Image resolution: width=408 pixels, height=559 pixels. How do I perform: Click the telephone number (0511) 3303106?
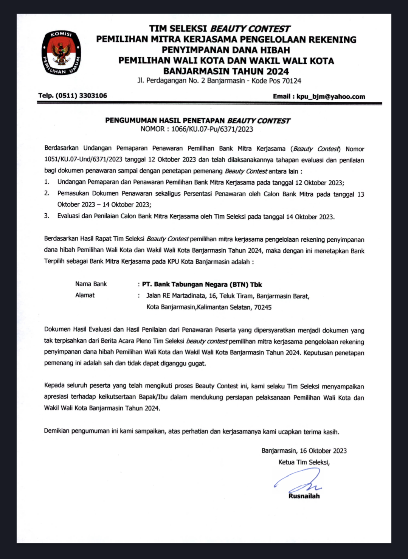81,96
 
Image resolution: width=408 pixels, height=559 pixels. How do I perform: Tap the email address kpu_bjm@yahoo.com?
330,96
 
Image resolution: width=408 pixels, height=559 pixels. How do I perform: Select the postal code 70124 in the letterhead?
292,81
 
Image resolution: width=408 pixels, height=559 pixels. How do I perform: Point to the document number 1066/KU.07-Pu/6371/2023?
212,129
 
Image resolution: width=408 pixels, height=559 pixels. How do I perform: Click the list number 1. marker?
47,182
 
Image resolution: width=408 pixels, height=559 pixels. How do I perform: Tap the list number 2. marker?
47,193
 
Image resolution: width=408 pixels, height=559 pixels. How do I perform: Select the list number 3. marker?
47,216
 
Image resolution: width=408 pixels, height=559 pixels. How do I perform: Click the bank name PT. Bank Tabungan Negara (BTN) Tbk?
202,284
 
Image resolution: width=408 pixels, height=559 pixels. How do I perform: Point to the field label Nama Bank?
91,284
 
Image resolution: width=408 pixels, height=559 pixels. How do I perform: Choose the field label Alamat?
85,295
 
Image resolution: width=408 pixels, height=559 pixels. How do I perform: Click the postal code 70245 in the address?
263,307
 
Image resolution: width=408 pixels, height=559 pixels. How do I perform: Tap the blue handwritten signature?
299,480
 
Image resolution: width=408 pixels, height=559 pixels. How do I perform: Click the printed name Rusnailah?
304,496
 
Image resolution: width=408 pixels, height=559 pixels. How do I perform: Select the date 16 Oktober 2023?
323,451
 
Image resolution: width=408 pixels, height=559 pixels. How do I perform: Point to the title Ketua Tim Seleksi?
304,462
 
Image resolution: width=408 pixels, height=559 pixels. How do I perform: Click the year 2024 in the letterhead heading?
278,71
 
